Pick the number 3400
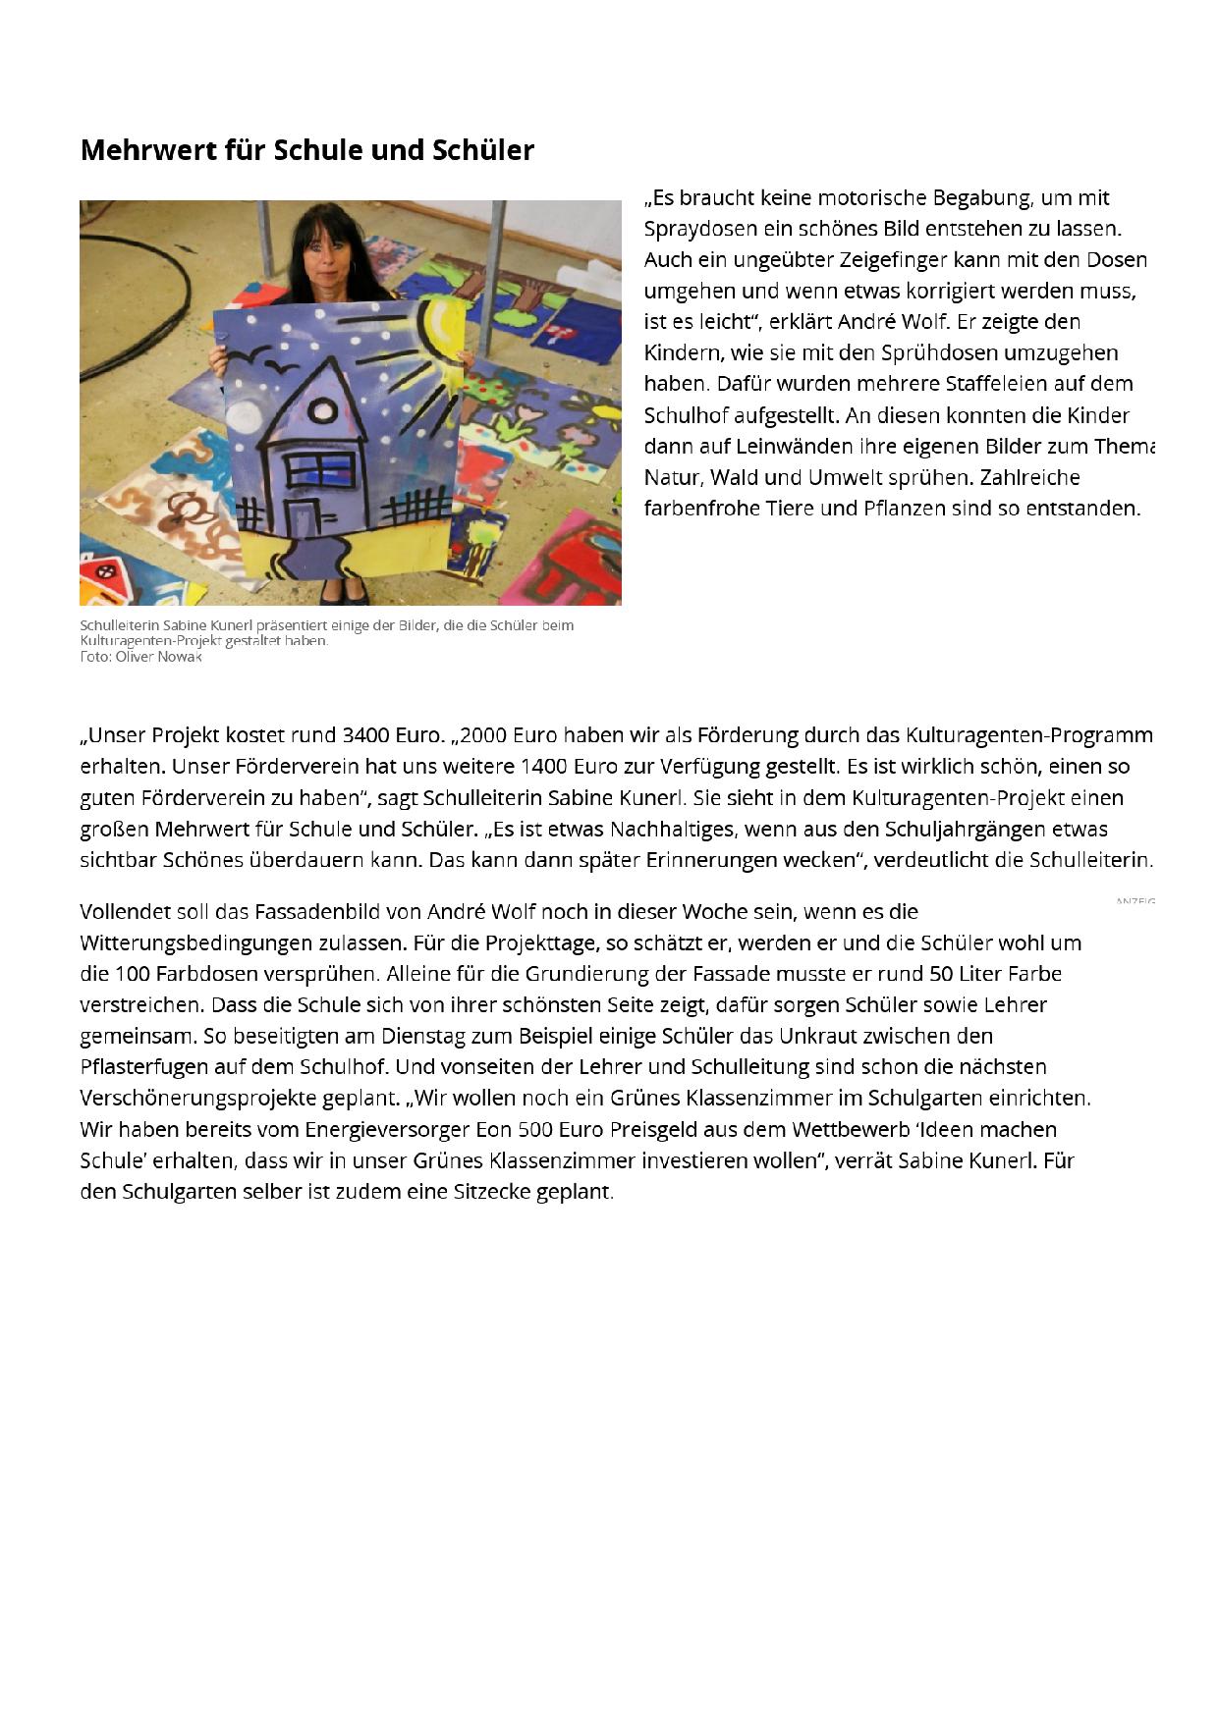(365, 735)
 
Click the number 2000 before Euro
(482, 735)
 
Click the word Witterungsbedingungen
(196, 943)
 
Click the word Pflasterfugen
(144, 1067)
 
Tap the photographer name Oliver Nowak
(158, 657)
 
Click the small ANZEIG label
(1135, 901)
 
